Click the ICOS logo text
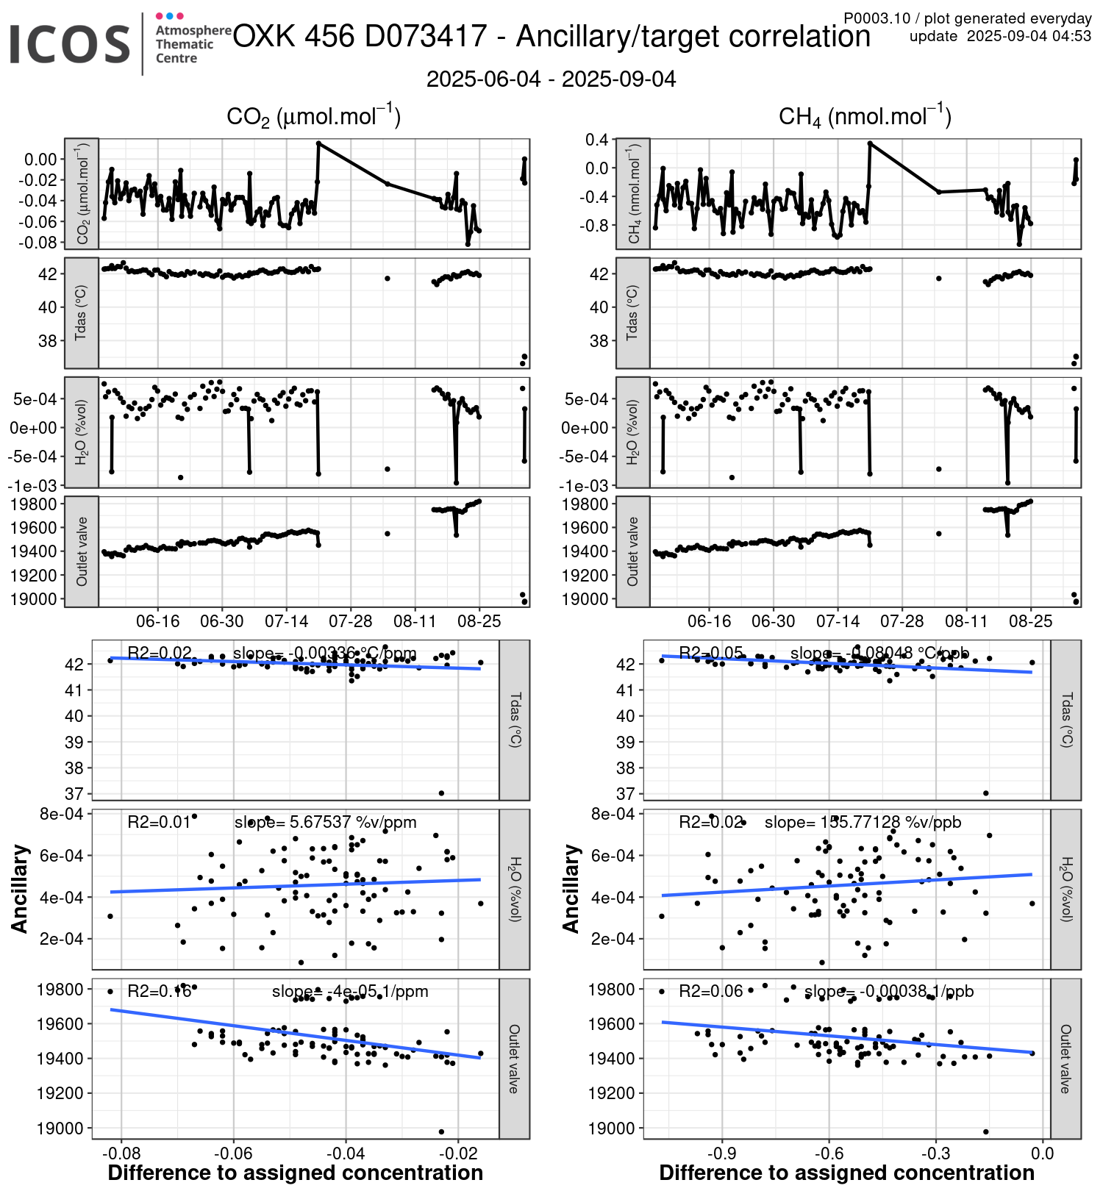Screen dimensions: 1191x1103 [70, 44]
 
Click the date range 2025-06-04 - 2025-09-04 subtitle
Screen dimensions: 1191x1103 [551, 79]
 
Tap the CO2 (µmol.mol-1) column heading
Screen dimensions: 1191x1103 [313, 117]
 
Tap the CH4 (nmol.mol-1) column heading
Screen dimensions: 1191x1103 [865, 117]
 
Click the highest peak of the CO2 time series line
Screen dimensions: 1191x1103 [318, 143]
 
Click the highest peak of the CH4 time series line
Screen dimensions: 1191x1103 [870, 143]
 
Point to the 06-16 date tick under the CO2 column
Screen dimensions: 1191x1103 [158, 621]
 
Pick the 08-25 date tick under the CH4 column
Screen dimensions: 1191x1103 [1031, 621]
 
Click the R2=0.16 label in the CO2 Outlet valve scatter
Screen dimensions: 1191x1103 [160, 991]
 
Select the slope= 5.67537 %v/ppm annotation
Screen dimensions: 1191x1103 [325, 822]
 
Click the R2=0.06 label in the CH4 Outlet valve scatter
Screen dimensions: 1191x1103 [710, 991]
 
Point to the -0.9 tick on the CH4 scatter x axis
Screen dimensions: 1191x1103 [721, 1152]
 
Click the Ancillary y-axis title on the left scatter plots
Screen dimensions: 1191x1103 [20, 889]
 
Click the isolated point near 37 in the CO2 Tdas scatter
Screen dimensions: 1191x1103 [441, 793]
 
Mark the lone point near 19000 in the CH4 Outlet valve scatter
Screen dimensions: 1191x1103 [986, 1131]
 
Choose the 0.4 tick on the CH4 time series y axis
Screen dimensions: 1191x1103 [596, 140]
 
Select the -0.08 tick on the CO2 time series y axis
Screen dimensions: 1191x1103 [40, 242]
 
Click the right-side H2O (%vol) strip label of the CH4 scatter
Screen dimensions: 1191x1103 [1065, 889]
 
